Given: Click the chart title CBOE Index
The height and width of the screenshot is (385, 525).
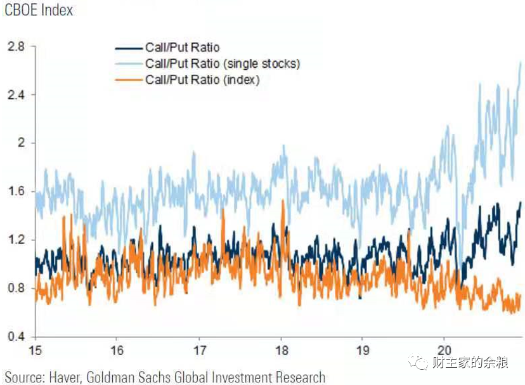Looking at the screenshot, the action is click(39, 10).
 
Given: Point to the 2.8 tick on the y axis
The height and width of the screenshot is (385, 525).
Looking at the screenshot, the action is click(16, 46).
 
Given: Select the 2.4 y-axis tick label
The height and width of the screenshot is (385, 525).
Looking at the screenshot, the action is click(16, 95).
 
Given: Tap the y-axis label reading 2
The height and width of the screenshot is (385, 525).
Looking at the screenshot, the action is click(22, 143).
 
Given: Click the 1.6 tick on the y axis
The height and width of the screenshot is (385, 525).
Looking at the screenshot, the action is click(16, 192).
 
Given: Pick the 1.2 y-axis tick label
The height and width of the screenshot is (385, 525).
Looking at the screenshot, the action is click(16, 240).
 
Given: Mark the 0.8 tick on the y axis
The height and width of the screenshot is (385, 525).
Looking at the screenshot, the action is click(16, 288).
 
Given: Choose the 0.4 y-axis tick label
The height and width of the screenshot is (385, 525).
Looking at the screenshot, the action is click(16, 336).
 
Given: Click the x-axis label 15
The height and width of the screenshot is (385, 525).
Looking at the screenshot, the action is click(35, 351).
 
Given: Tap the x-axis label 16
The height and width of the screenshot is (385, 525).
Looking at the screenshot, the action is click(117, 351).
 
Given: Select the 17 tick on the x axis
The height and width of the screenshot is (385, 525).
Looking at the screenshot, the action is click(200, 351).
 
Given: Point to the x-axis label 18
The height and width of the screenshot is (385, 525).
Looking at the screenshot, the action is click(282, 351).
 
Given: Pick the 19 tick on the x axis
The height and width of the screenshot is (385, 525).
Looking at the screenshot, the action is click(363, 351).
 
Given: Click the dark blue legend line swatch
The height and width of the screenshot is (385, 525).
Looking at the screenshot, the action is click(129, 49).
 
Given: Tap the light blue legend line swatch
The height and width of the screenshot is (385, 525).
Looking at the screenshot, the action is click(129, 63).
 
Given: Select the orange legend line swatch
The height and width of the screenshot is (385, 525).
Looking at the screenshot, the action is click(129, 80).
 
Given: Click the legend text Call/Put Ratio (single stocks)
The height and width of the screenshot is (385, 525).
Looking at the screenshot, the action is click(223, 63).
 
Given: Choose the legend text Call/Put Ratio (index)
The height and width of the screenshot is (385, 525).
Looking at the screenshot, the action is click(202, 80).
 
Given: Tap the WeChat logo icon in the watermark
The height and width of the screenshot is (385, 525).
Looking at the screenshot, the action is click(418, 362).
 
